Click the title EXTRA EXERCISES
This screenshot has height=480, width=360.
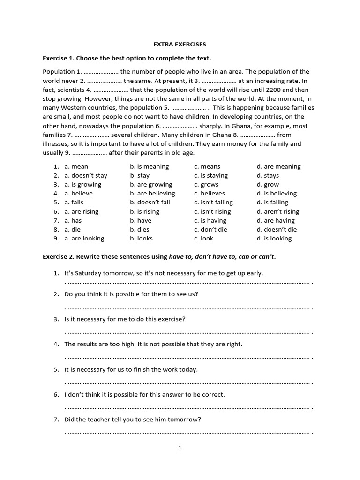click(x=180, y=45)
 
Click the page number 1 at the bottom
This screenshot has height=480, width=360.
click(x=180, y=448)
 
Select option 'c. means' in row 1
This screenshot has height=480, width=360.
click(x=207, y=166)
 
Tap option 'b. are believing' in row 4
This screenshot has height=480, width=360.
click(x=152, y=193)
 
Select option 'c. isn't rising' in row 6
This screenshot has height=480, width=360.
click(x=213, y=211)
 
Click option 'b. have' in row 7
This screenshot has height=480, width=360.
click(x=141, y=220)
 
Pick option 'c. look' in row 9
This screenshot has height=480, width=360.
click(x=203, y=238)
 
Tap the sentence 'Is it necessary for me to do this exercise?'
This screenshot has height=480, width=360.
click(x=125, y=319)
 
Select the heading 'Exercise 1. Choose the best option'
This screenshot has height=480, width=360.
click(x=127, y=58)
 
